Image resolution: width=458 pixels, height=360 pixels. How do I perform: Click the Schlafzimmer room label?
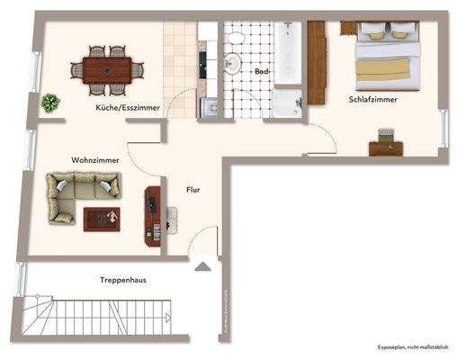click(373, 99)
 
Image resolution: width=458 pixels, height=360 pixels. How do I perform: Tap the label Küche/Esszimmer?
click(128, 107)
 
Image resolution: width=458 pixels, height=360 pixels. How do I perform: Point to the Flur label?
click(193, 190)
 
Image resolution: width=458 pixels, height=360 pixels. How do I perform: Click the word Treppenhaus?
click(123, 280)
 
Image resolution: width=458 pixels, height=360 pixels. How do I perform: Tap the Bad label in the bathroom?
click(262, 70)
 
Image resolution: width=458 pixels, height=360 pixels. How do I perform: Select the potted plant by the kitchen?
click(50, 102)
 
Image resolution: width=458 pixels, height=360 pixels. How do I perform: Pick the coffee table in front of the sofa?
click(102, 218)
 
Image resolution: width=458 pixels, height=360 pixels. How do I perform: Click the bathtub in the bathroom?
click(288, 53)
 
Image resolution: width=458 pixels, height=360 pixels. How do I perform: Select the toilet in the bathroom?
click(238, 38)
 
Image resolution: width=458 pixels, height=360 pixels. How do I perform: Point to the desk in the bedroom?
click(386, 147)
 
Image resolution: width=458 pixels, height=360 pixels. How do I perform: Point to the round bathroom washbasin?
click(231, 62)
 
